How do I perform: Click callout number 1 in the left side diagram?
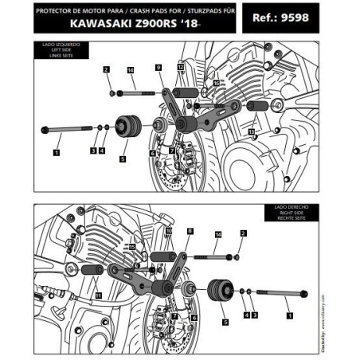[x=57, y=149]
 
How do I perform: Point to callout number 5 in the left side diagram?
[x=122, y=158]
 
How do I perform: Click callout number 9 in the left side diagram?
[x=158, y=68]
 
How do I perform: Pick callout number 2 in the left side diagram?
[x=105, y=71]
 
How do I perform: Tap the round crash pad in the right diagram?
[x=220, y=292]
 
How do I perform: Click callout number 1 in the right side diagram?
[x=289, y=315]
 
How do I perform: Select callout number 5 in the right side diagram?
[x=225, y=323]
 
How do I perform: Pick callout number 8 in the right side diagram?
[x=190, y=231]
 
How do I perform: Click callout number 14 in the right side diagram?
[x=218, y=234]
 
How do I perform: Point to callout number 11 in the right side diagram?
[x=98, y=295]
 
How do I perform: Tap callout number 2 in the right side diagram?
[x=243, y=233]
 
